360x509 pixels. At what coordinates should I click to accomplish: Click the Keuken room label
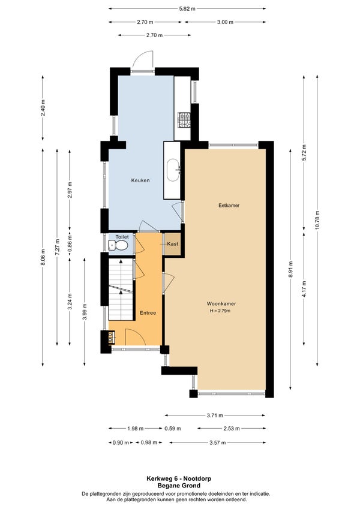coord(140,180)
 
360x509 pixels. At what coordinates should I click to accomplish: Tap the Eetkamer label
coord(229,205)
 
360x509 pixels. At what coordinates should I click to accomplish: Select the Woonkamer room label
coord(221,303)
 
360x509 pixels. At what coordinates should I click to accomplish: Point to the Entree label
coord(148,312)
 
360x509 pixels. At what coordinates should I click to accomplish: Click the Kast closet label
coord(173,243)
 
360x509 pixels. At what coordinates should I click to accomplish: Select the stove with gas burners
coord(184,119)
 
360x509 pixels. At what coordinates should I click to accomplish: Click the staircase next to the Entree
coord(121,289)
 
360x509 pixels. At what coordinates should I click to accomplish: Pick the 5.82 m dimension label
coord(187,9)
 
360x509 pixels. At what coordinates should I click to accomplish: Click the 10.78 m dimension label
coord(317,220)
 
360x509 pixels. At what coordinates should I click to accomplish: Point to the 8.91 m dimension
coord(290,269)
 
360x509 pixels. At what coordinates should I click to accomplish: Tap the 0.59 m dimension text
coord(173,429)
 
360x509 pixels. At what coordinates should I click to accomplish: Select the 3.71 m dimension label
coord(215,415)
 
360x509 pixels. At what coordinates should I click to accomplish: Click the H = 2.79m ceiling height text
coord(220,311)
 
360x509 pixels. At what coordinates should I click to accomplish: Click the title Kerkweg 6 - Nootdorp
coord(179,478)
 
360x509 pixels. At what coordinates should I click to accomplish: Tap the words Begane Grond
coord(179,486)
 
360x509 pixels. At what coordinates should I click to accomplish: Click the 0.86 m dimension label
coord(70,242)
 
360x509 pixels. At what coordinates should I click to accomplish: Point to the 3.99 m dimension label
coord(85,312)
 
